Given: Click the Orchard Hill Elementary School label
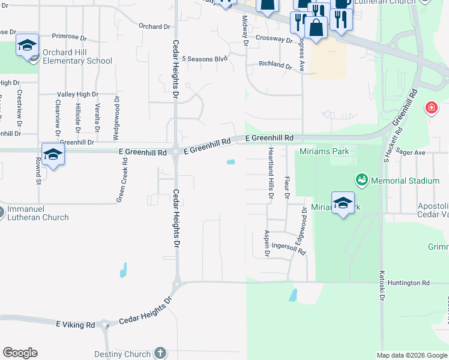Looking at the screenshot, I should click(x=77, y=56).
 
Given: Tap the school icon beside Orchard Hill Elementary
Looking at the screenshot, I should click(x=27, y=46).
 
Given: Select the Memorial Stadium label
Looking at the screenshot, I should click(x=405, y=181).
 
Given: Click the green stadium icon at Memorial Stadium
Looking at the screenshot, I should click(x=362, y=179).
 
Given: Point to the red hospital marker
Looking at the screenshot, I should click(x=431, y=108).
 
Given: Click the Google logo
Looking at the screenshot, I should click(x=20, y=353).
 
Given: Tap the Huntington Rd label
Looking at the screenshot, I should click(x=409, y=283).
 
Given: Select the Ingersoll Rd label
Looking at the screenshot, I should click(x=289, y=247).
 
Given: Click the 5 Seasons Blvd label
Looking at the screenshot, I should click(x=205, y=59).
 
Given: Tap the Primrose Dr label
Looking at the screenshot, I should click(x=70, y=37).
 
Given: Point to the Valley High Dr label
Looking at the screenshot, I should click(x=77, y=95).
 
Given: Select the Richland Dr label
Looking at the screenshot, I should click(x=276, y=64).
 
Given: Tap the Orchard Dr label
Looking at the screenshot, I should click(x=154, y=26).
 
